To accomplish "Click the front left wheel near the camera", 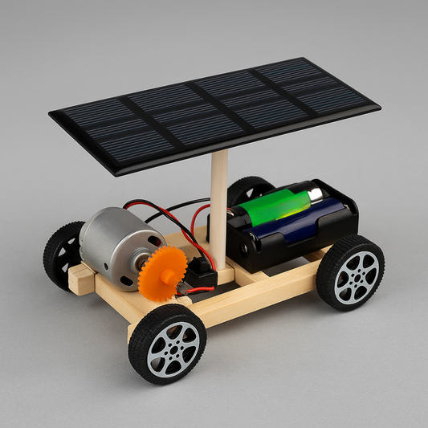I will click(167, 343).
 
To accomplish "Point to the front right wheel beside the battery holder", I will click(350, 271).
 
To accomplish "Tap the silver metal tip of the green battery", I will click(316, 193).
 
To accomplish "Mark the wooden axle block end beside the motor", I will click(80, 279).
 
